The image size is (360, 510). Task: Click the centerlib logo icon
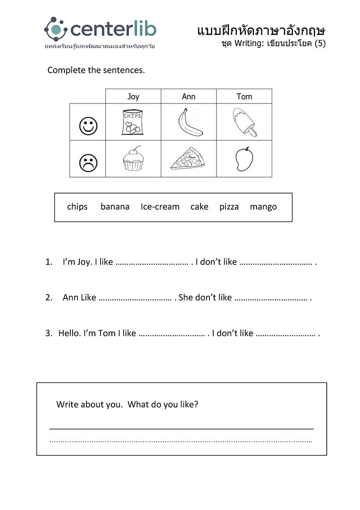pyautogui.click(x=56, y=29)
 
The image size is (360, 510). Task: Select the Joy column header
pyautogui.click(x=133, y=96)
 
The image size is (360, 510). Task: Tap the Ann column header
pyautogui.click(x=189, y=96)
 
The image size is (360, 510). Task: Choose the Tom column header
pyautogui.click(x=244, y=96)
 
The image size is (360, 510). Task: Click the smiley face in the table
pyautogui.click(x=88, y=126)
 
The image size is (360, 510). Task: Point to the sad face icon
pyautogui.click(x=88, y=163)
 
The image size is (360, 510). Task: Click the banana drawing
pyautogui.click(x=190, y=122)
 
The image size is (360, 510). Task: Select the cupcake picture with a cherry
pyautogui.click(x=133, y=159)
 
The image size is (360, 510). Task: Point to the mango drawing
pyautogui.click(x=244, y=159)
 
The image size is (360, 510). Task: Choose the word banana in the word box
pyautogui.click(x=115, y=207)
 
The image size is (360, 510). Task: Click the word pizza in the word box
pyautogui.click(x=229, y=207)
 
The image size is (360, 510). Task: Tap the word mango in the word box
pyautogui.click(x=263, y=207)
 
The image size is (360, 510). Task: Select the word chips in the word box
pyautogui.click(x=77, y=207)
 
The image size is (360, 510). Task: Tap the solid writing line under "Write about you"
pyautogui.click(x=182, y=428)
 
